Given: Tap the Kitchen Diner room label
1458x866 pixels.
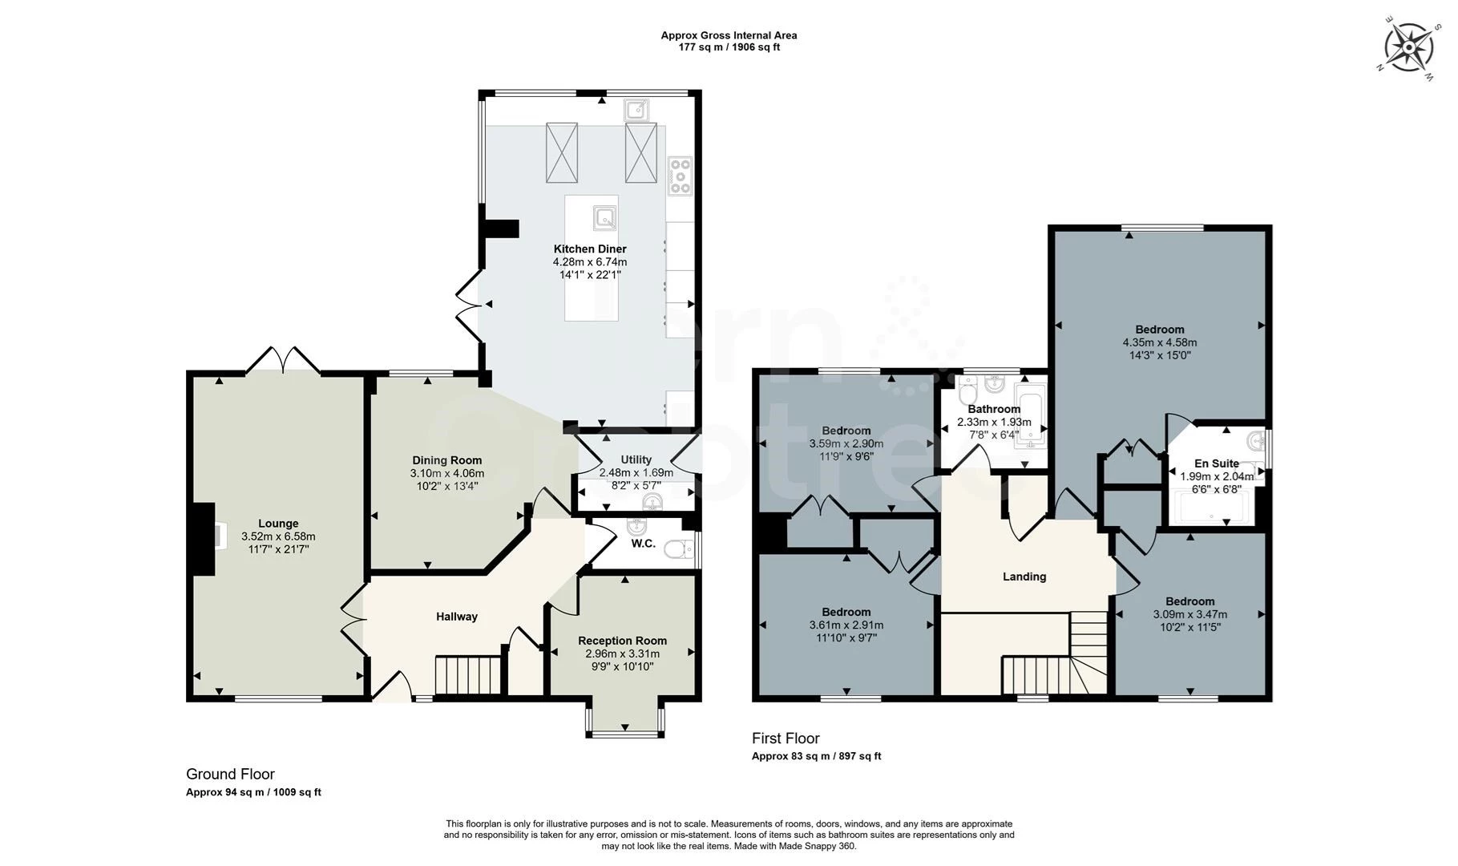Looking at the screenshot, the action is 590,249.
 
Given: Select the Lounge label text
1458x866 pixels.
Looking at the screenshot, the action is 278,524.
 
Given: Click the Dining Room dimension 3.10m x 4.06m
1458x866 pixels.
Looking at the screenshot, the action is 446,473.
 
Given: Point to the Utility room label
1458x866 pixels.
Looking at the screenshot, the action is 636,460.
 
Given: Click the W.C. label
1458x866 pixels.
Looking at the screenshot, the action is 643,544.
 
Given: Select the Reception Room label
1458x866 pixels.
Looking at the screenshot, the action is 623,641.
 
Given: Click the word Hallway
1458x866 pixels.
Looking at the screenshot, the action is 457,617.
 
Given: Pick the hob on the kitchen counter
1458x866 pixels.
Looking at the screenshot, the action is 680,176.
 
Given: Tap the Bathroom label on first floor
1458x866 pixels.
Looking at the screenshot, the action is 994,409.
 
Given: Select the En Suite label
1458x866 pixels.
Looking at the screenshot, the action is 1217,463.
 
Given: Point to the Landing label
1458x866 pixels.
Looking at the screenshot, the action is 1024,577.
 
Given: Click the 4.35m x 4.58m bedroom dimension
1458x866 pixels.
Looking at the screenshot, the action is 1160,342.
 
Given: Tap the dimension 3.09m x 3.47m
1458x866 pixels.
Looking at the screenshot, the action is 1190,614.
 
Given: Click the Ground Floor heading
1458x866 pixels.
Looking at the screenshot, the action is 230,775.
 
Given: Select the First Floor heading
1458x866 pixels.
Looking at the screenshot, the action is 786,739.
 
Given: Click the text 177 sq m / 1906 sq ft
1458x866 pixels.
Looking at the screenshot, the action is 729,47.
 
